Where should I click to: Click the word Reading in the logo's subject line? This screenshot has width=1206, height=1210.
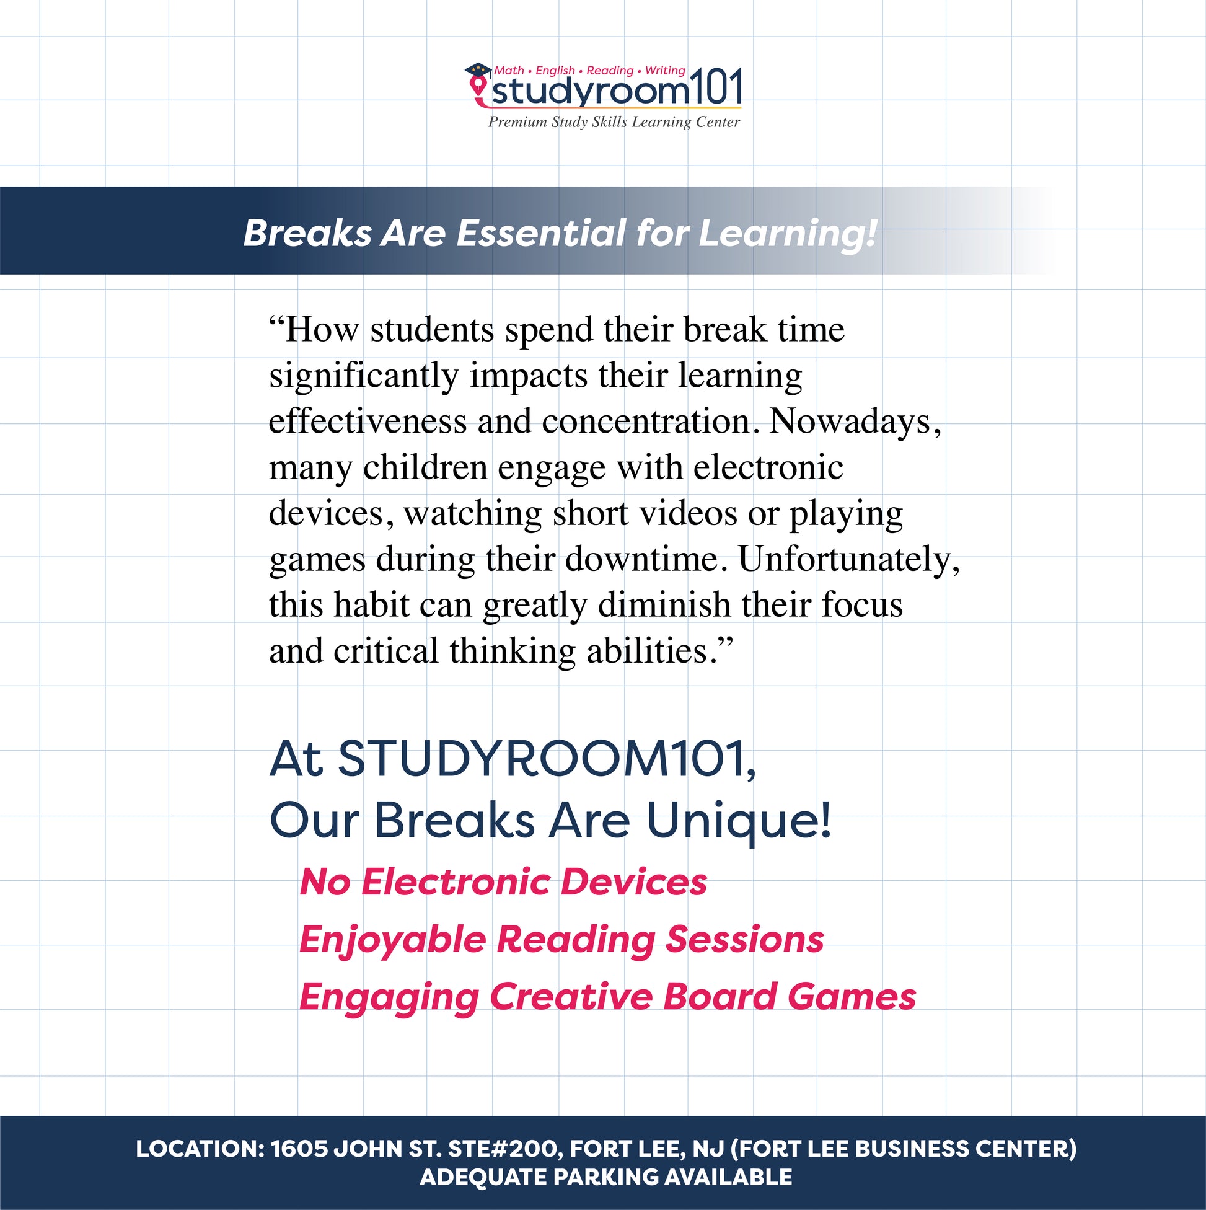coord(610,71)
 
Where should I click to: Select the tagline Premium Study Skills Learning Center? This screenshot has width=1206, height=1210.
coord(614,122)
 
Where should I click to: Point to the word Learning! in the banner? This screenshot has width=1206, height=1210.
coord(788,234)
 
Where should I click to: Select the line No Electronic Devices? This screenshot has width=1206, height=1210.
coord(503,882)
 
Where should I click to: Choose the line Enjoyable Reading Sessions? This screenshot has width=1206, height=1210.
coord(561,941)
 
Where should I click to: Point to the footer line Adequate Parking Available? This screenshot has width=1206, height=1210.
coord(605,1177)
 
